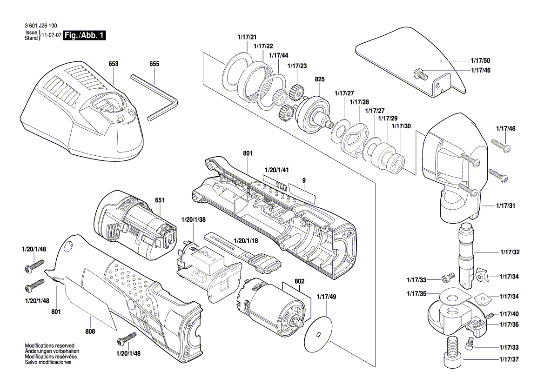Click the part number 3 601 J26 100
click(41, 26)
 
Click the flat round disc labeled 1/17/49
click(318, 335)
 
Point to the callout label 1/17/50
click(480, 61)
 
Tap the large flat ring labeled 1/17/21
click(237, 74)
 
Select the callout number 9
click(304, 179)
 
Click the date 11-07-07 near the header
click(52, 35)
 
